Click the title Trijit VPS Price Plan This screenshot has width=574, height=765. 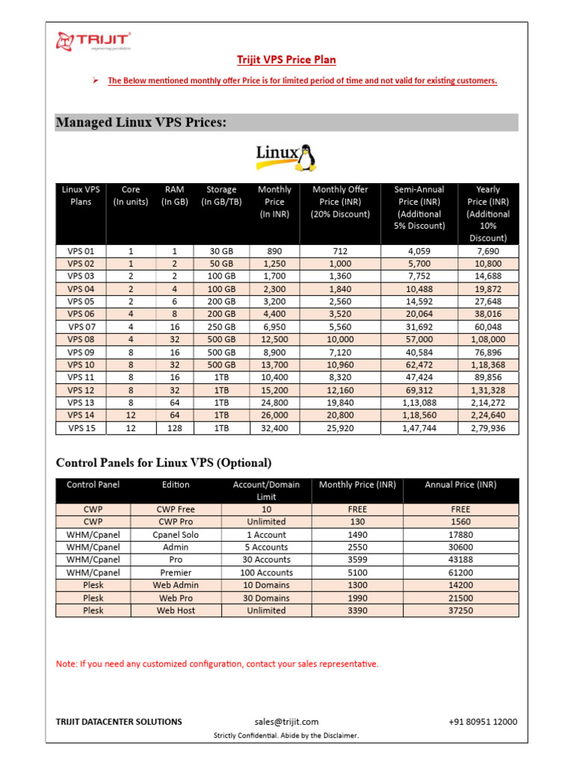(x=287, y=60)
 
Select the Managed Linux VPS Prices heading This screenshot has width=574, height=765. (x=141, y=123)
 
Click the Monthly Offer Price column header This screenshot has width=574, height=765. (x=340, y=202)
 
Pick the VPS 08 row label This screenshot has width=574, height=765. (x=81, y=339)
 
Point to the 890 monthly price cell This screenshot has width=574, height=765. (x=274, y=252)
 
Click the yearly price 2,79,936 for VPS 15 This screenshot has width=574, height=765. (x=487, y=428)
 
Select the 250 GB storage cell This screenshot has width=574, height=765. (x=221, y=327)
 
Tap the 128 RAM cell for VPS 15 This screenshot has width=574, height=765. (x=173, y=428)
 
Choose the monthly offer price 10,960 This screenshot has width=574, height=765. (x=340, y=365)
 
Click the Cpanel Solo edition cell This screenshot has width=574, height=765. (x=176, y=535)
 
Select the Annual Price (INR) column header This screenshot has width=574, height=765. (x=460, y=485)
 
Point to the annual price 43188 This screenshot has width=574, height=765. (x=460, y=560)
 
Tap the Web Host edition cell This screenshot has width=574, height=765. (x=176, y=610)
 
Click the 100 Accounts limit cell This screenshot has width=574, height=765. (x=266, y=572)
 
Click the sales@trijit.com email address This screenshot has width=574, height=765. (x=286, y=722)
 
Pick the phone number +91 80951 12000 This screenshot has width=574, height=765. (x=483, y=722)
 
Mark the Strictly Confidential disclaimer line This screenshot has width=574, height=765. (x=286, y=736)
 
